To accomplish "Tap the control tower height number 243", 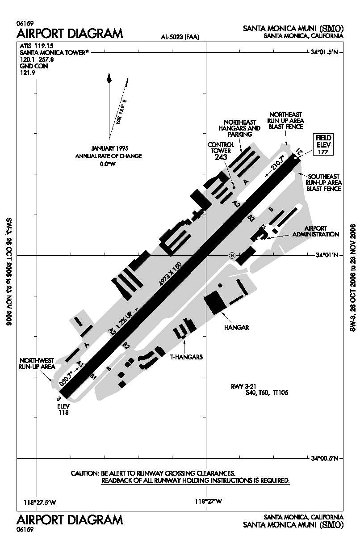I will click(x=221, y=157).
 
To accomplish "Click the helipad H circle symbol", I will click(x=232, y=255).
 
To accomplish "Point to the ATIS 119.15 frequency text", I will click(x=36, y=46).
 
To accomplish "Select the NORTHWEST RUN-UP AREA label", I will click(x=37, y=363).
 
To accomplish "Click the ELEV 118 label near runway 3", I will click(x=63, y=410).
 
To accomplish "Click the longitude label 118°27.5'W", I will click(x=40, y=502).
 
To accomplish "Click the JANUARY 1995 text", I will click(x=110, y=148).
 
